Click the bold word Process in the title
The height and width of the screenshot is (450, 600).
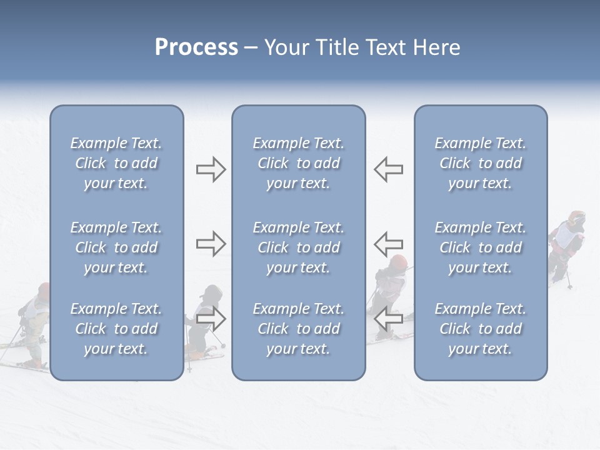(196, 47)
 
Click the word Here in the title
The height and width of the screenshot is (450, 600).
(437, 47)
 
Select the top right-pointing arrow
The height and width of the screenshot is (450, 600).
(211, 169)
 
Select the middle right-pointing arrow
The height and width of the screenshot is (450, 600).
(211, 243)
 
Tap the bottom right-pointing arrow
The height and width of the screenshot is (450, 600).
(211, 319)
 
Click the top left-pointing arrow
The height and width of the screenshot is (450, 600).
(388, 169)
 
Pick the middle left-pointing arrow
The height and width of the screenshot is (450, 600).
(388, 243)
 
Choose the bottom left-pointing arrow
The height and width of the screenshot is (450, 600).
(388, 319)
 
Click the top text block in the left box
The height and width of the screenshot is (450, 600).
(116, 163)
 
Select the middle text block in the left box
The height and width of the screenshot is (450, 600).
(116, 247)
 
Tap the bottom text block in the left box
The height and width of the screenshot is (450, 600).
(116, 329)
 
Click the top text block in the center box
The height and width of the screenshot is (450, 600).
(298, 163)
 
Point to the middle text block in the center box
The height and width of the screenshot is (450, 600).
(298, 247)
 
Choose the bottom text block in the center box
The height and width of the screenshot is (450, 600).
(298, 329)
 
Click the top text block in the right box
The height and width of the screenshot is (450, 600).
(480, 163)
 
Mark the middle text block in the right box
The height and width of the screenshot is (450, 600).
(480, 247)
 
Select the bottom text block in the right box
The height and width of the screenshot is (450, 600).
(480, 329)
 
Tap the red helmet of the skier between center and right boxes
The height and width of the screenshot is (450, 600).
(398, 262)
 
